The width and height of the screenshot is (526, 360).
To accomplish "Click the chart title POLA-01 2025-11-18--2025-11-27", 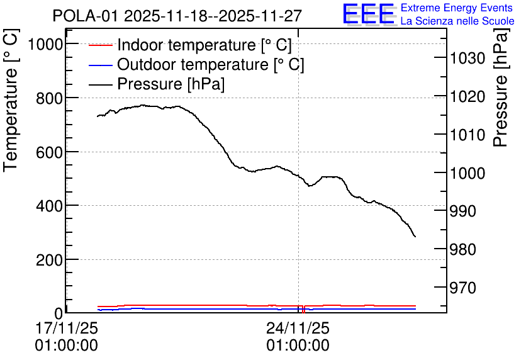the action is pyautogui.click(x=177, y=16).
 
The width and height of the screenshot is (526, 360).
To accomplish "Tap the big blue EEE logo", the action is pyautogui.click(x=368, y=14).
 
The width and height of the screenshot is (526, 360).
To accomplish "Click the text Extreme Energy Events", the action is pyautogui.click(x=457, y=8).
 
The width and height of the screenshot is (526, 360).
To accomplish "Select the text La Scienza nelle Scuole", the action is pyautogui.click(x=457, y=21).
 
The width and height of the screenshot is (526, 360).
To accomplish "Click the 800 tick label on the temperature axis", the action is pyautogui.click(x=49, y=98).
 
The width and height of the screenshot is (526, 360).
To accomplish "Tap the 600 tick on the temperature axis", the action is pyautogui.click(x=49, y=152).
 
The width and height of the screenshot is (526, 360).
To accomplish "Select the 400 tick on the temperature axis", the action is pyautogui.click(x=49, y=206).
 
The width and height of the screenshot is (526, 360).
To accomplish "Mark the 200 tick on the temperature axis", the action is pyautogui.click(x=49, y=260).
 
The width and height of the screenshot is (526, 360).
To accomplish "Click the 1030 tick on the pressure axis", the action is pyautogui.click(x=467, y=59).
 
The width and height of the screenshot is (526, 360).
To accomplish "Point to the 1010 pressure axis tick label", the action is pyautogui.click(x=467, y=135).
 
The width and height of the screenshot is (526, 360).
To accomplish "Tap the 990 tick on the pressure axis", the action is pyautogui.click(x=462, y=211).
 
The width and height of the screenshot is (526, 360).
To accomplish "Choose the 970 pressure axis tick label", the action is pyautogui.click(x=462, y=288).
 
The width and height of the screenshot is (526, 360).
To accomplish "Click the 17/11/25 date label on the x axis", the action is pyautogui.click(x=67, y=328).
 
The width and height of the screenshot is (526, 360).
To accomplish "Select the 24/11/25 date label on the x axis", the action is pyautogui.click(x=298, y=328).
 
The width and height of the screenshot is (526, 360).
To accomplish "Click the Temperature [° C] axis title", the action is pyautogui.click(x=11, y=100).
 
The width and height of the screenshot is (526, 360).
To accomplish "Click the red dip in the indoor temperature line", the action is pyautogui.click(x=303, y=310).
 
